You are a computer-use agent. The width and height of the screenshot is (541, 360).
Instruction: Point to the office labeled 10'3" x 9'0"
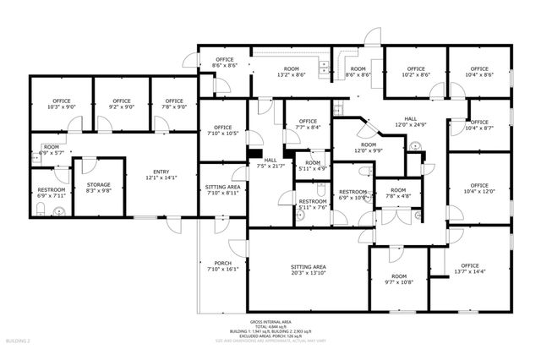click(x=62, y=105)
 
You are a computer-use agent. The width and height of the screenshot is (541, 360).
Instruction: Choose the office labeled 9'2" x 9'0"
click(x=122, y=105)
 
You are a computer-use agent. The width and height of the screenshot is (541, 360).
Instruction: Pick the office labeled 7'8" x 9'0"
click(x=174, y=105)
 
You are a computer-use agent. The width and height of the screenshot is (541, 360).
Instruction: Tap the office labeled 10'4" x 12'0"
click(x=479, y=188)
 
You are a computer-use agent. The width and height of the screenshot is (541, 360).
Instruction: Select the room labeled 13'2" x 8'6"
click(x=292, y=72)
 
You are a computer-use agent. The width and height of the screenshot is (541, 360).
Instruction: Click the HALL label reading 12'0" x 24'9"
click(x=410, y=123)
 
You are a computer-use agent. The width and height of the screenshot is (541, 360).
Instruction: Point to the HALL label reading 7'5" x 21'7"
click(x=270, y=163)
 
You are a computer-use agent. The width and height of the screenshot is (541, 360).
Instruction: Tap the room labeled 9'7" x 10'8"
click(x=399, y=280)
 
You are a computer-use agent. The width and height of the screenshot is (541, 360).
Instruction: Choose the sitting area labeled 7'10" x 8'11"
click(x=223, y=190)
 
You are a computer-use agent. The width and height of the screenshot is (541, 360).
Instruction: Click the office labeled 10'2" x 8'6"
click(x=415, y=72)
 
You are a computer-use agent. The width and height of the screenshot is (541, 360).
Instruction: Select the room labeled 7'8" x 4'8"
click(x=398, y=193)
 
